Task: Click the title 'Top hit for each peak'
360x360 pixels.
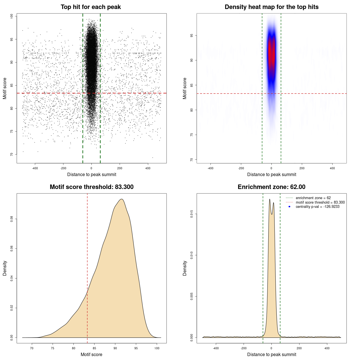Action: point(91,7)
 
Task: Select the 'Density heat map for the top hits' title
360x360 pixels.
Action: point(271,7)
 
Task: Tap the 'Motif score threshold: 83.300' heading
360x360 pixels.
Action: point(91,187)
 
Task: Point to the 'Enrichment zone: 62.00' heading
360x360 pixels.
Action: point(271,187)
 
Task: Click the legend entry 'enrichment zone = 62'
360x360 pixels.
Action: point(313,198)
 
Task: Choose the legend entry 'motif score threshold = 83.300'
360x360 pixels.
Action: point(320,202)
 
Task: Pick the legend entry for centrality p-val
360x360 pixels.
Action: point(317,207)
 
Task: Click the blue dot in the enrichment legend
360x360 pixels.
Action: point(289,207)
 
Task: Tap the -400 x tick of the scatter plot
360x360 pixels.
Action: point(35,168)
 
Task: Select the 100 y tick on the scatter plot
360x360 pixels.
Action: point(12,16)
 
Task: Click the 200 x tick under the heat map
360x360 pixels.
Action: point(302,168)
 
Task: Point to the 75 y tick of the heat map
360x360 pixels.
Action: point(192,135)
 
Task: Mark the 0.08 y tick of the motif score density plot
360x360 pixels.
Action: point(12,219)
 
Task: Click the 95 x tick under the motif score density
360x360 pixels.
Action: point(136,348)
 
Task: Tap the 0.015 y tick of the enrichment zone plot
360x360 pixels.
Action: point(192,214)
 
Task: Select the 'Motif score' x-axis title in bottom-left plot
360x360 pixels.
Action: point(91,354)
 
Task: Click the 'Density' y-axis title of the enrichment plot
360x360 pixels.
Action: point(185,268)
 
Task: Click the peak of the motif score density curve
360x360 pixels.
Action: point(121,199)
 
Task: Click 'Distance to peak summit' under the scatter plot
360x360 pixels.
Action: point(92,174)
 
